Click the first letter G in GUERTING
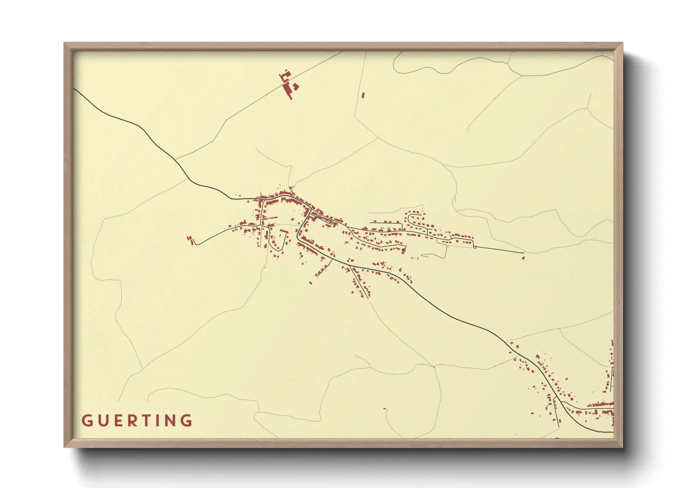87,421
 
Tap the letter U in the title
102,421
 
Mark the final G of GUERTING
187,421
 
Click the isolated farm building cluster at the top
289,84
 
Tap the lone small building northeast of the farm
363,95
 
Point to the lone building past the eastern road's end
523,258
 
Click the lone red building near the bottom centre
384,408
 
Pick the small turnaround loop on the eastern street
474,247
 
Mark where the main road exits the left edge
75,89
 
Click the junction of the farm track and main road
176,160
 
